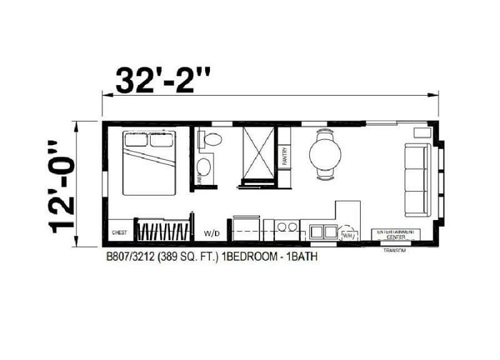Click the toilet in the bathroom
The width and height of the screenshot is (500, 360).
[x=211, y=139]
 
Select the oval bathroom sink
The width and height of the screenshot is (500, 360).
[x=204, y=167]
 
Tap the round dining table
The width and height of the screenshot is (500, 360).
[x=325, y=152]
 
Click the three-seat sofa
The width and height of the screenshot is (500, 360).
[x=417, y=179]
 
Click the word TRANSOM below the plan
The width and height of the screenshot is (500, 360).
[x=394, y=251]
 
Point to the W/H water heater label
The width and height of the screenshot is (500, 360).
[x=347, y=236]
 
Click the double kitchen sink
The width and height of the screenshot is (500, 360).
[x=322, y=232]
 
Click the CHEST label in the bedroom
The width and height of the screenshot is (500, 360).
[x=119, y=232]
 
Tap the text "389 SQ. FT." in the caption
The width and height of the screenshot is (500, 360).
[x=188, y=256]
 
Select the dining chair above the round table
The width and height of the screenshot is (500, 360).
[x=326, y=132]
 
